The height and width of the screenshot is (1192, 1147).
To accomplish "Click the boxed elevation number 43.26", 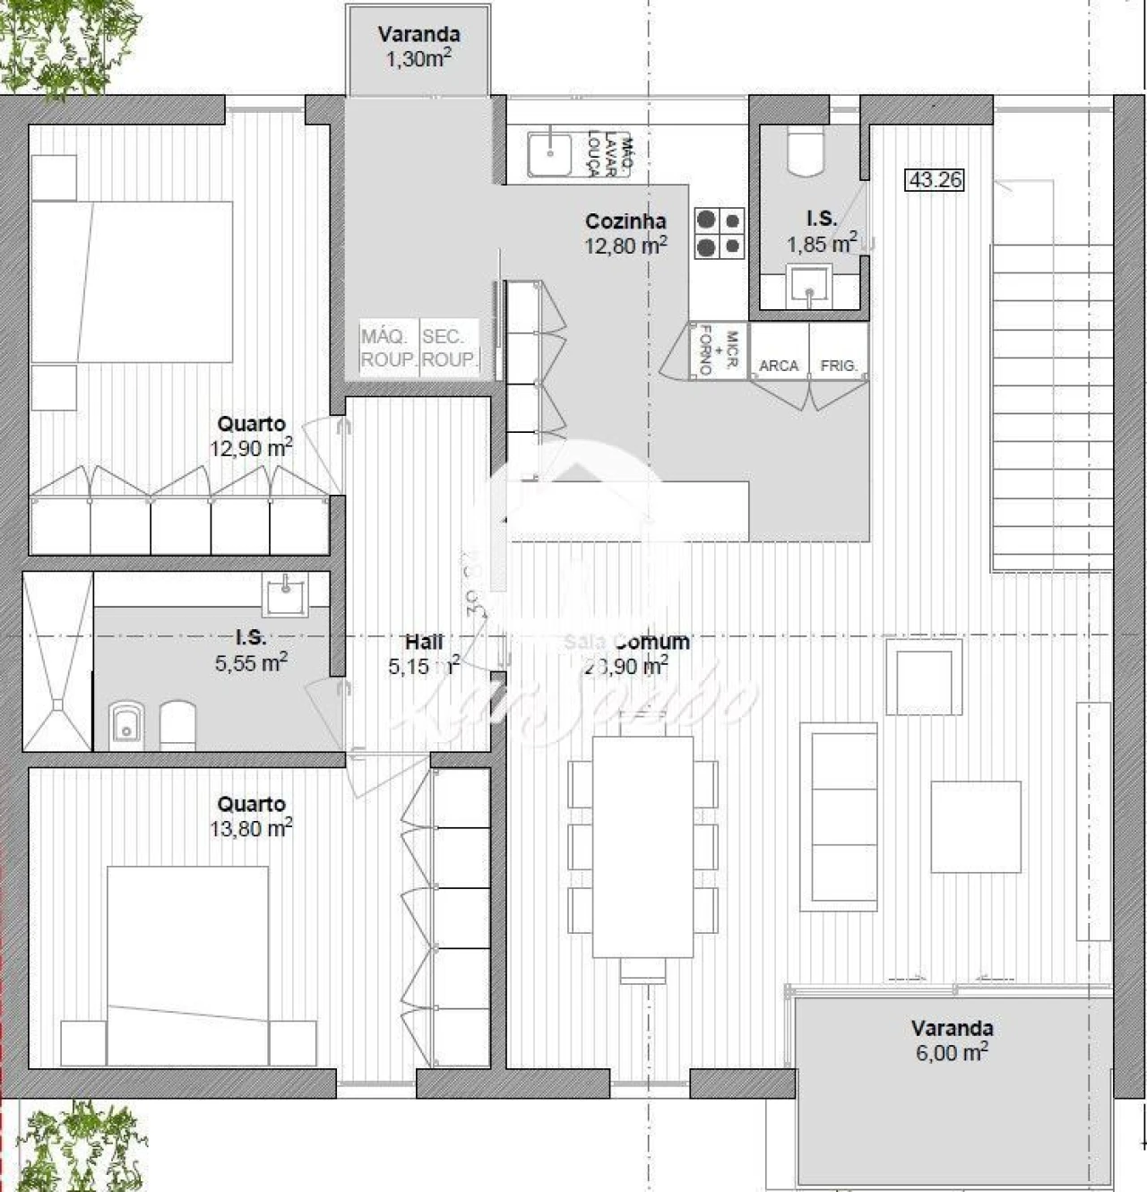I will tap(936, 180).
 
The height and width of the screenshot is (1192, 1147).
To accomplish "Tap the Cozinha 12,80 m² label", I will tap(625, 233).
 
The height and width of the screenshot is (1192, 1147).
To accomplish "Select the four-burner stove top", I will tap(719, 233).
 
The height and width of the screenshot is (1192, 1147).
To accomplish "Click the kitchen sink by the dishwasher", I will tap(549, 154).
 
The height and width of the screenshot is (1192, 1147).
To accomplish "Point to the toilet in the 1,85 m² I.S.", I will tap(805, 151).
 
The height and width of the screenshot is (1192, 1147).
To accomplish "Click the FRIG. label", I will tap(839, 366).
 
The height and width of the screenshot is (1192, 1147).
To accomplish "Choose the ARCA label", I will tap(778, 366).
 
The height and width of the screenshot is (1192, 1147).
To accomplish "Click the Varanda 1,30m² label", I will tap(418, 47).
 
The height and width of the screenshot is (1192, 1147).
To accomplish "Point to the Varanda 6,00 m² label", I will tap(952, 1041).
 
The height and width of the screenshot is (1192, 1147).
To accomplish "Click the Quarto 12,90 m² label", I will tap(251, 436).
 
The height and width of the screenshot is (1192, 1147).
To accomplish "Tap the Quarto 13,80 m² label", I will tap(251, 816).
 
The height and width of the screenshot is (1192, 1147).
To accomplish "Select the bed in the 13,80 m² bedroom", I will tap(187, 964).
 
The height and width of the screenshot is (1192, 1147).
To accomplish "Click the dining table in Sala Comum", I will tap(642, 847).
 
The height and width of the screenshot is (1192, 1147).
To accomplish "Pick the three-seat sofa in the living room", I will tap(839, 816).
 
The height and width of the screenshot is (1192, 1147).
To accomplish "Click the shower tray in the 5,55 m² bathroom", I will tap(57, 661).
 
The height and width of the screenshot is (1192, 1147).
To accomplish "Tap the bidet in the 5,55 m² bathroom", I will tap(126, 724).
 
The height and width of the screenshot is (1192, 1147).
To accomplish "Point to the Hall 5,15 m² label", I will tap(424, 654).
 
